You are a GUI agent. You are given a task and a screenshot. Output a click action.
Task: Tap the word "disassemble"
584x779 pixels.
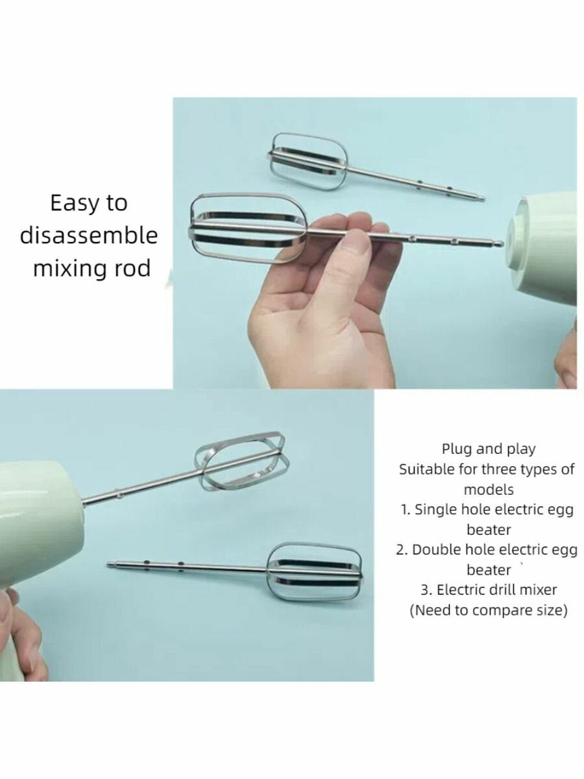pyautogui.click(x=89, y=236)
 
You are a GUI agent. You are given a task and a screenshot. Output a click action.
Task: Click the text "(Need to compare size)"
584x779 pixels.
pyautogui.click(x=488, y=610)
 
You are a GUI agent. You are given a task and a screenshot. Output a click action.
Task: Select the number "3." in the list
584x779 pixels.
pyautogui.click(x=426, y=590)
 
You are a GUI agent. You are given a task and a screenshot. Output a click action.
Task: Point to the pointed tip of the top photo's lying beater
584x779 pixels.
pyautogui.click(x=483, y=199)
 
